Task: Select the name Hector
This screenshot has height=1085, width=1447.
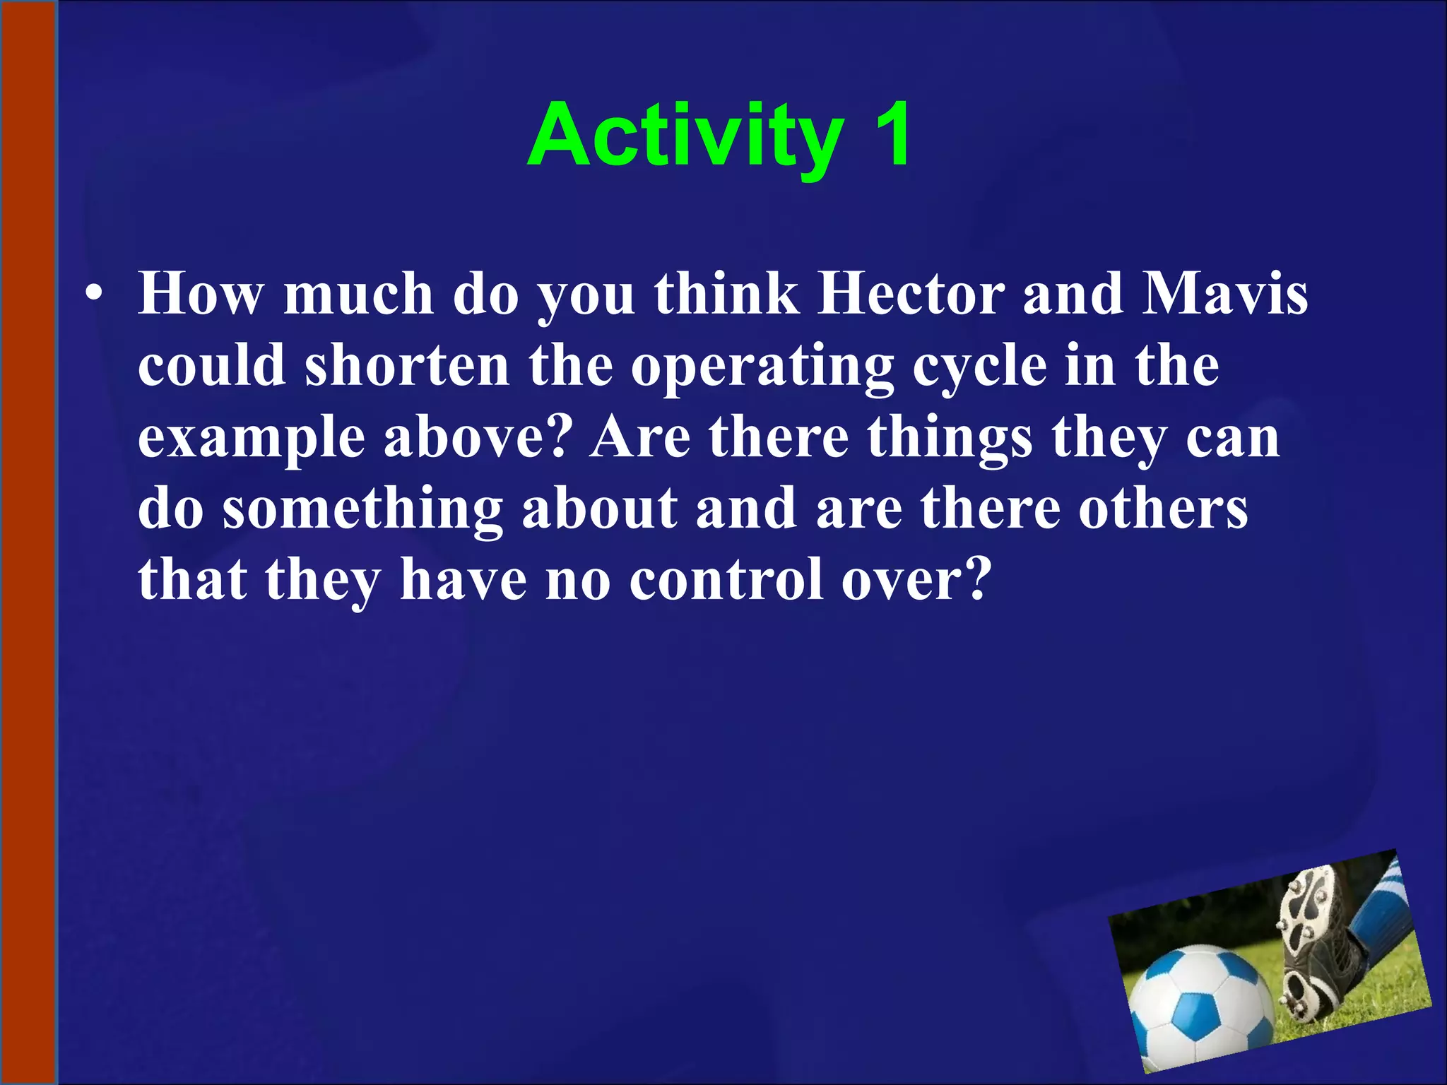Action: (910, 294)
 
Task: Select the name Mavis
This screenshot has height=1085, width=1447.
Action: (1225, 294)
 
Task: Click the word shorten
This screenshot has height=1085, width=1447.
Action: (407, 366)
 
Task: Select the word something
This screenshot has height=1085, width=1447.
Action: (362, 510)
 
